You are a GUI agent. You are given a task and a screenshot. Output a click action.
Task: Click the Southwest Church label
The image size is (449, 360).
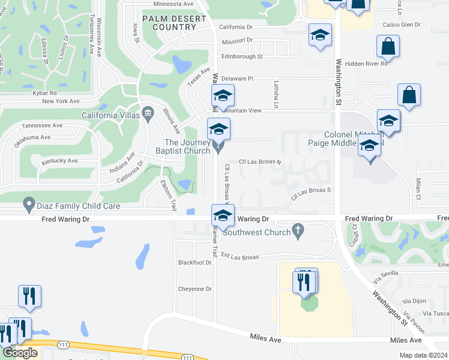click(256, 232)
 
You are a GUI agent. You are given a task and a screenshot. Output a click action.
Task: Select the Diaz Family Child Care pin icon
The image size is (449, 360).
click(28, 205)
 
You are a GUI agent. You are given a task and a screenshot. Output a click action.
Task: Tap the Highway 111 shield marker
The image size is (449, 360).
click(62, 345)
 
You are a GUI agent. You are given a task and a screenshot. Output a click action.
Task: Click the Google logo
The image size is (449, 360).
click(20, 353)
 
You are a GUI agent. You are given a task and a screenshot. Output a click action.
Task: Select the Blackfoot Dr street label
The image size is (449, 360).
click(195, 263)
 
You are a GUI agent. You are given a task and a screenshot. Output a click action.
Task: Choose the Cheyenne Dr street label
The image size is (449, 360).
click(195, 289)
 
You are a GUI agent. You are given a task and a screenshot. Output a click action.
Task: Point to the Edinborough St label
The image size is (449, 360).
click(242, 56)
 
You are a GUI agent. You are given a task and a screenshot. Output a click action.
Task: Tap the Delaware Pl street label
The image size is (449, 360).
click(238, 79)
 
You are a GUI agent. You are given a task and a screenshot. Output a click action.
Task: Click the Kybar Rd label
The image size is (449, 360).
click(45, 93)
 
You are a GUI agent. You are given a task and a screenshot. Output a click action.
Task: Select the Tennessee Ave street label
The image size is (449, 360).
click(42, 126)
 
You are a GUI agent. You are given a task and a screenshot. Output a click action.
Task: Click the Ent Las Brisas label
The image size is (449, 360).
click(239, 257)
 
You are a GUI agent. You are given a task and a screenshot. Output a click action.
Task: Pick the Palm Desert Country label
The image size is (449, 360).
click(174, 23)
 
